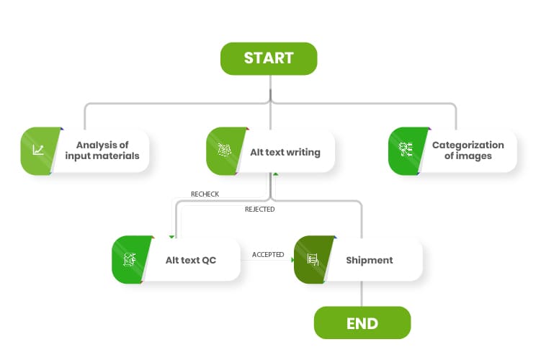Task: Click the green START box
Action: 269,58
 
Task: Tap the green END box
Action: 362,323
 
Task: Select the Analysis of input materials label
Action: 102,150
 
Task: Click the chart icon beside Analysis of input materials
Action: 38,150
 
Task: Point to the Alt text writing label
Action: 285,152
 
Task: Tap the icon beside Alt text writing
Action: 224,150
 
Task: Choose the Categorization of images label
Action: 468,150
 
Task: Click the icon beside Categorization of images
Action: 406,149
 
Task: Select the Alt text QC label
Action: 191,260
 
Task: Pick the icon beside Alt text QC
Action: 130,259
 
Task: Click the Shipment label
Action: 370,260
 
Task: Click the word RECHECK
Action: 205,194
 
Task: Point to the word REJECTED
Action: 260,210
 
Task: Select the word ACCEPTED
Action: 268,254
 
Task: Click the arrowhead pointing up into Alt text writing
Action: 275,174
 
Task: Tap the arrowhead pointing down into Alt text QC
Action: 171,238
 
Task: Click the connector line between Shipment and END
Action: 362,294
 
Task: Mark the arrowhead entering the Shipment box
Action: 292,260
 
